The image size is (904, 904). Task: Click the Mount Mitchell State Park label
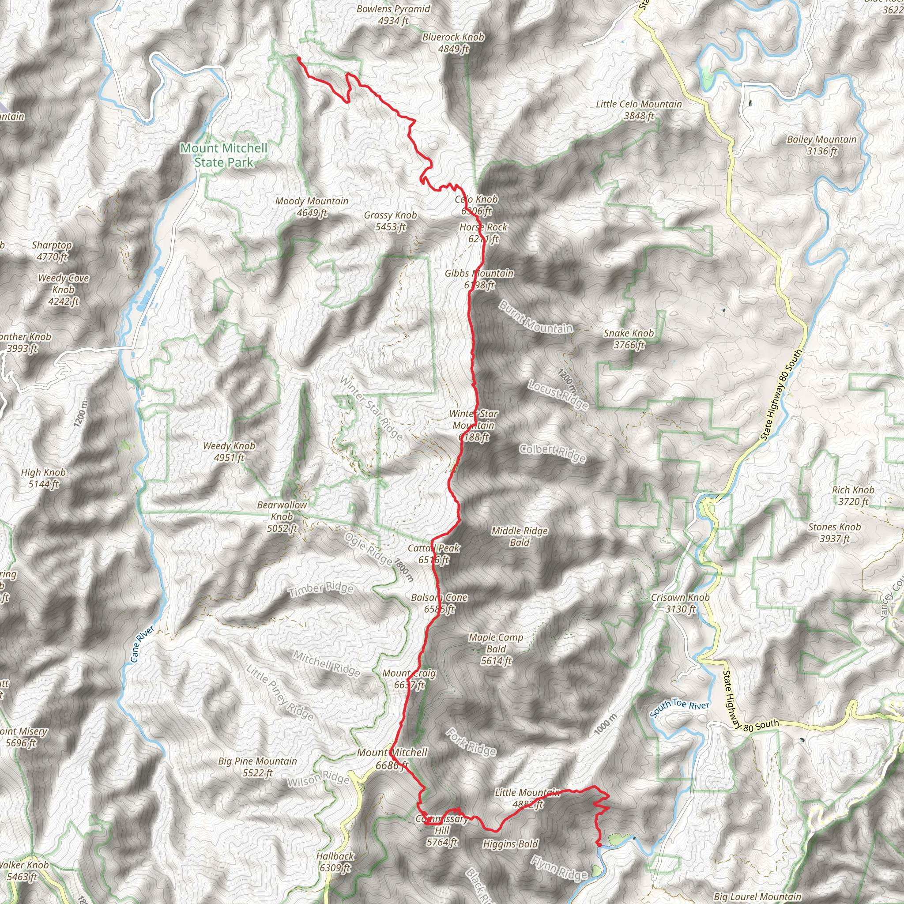pyautogui.click(x=224, y=155)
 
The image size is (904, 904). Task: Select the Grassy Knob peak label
pyautogui.click(x=390, y=221)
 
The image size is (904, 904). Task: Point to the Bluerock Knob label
pyautogui.click(x=453, y=42)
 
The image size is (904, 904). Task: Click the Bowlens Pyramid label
pyautogui.click(x=393, y=15)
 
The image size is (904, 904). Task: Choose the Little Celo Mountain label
pyautogui.click(x=639, y=110)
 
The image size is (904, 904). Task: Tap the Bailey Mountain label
pyautogui.click(x=821, y=145)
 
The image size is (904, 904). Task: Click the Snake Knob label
pyautogui.click(x=629, y=339)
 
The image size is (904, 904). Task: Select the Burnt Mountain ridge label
pyautogui.click(x=535, y=317)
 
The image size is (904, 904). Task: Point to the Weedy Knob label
pyautogui.click(x=229, y=452)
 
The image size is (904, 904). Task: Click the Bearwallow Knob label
pyautogui.click(x=282, y=516)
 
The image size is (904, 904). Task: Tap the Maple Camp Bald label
pyautogui.click(x=496, y=648)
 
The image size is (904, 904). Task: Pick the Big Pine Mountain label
pyautogui.click(x=257, y=767)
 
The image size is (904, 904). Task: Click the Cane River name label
pyautogui.click(x=142, y=644)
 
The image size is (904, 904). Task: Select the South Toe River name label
pyautogui.click(x=679, y=708)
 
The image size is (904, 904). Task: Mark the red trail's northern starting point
pyautogui.click(x=298, y=58)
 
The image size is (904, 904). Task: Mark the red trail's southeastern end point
pyautogui.click(x=599, y=844)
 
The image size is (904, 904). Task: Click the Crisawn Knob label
pyautogui.click(x=680, y=603)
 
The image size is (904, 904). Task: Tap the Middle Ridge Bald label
pyautogui.click(x=520, y=536)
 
